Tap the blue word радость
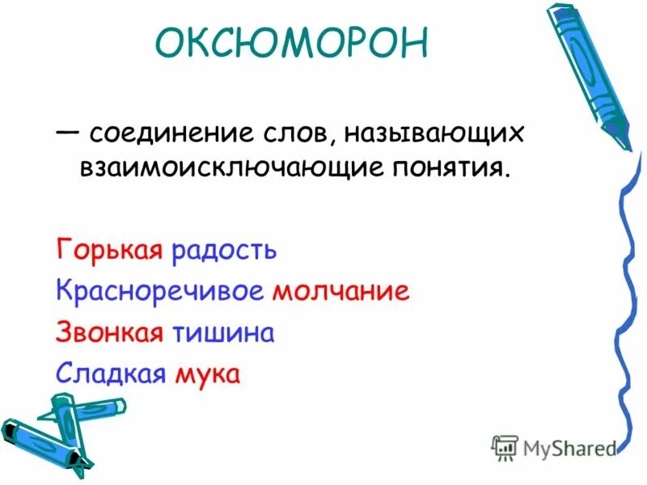pyautogui.click(x=223, y=250)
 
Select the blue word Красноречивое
pyautogui.click(x=160, y=291)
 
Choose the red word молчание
pyautogui.click(x=340, y=291)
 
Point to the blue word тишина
pyautogui.click(x=222, y=333)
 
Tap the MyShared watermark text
pyautogui.click(x=569, y=448)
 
